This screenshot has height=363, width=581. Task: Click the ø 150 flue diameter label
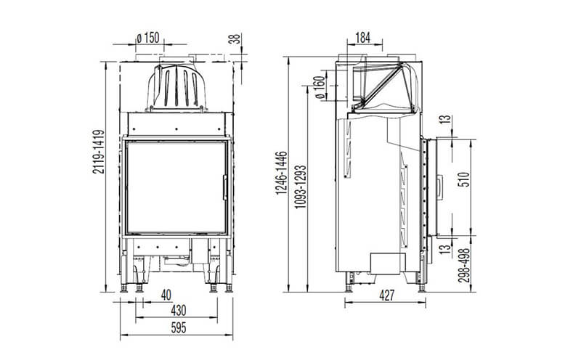point(148,38)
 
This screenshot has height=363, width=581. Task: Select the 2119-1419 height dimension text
point(99,152)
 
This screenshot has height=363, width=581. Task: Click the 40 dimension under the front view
point(166,295)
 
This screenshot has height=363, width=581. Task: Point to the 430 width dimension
point(179,311)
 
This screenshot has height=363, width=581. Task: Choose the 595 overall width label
point(178,328)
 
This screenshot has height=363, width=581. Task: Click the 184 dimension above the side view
point(362,38)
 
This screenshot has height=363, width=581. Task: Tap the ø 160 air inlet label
point(320,88)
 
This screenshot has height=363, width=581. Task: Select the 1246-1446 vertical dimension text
point(281,173)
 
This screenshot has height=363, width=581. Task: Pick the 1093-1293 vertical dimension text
point(301,187)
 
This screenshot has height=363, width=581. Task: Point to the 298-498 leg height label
point(464,265)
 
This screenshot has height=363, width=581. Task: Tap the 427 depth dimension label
point(387,296)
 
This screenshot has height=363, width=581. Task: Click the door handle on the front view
point(224,187)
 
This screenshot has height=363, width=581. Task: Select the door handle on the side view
point(439,187)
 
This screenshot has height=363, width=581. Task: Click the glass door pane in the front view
point(176,187)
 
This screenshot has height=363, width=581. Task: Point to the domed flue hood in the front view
point(176,87)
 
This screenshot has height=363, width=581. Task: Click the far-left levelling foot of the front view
point(123,287)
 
